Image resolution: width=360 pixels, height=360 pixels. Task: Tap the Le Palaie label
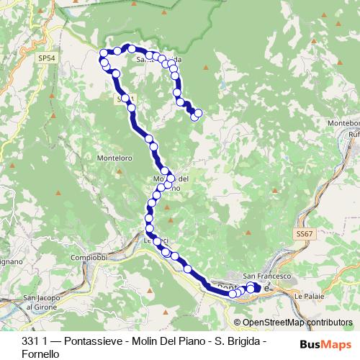[x=307, y=295]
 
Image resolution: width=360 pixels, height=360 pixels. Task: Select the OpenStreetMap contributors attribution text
[x=297, y=323]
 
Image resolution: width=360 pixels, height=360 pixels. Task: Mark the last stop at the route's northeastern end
[x=198, y=112]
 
